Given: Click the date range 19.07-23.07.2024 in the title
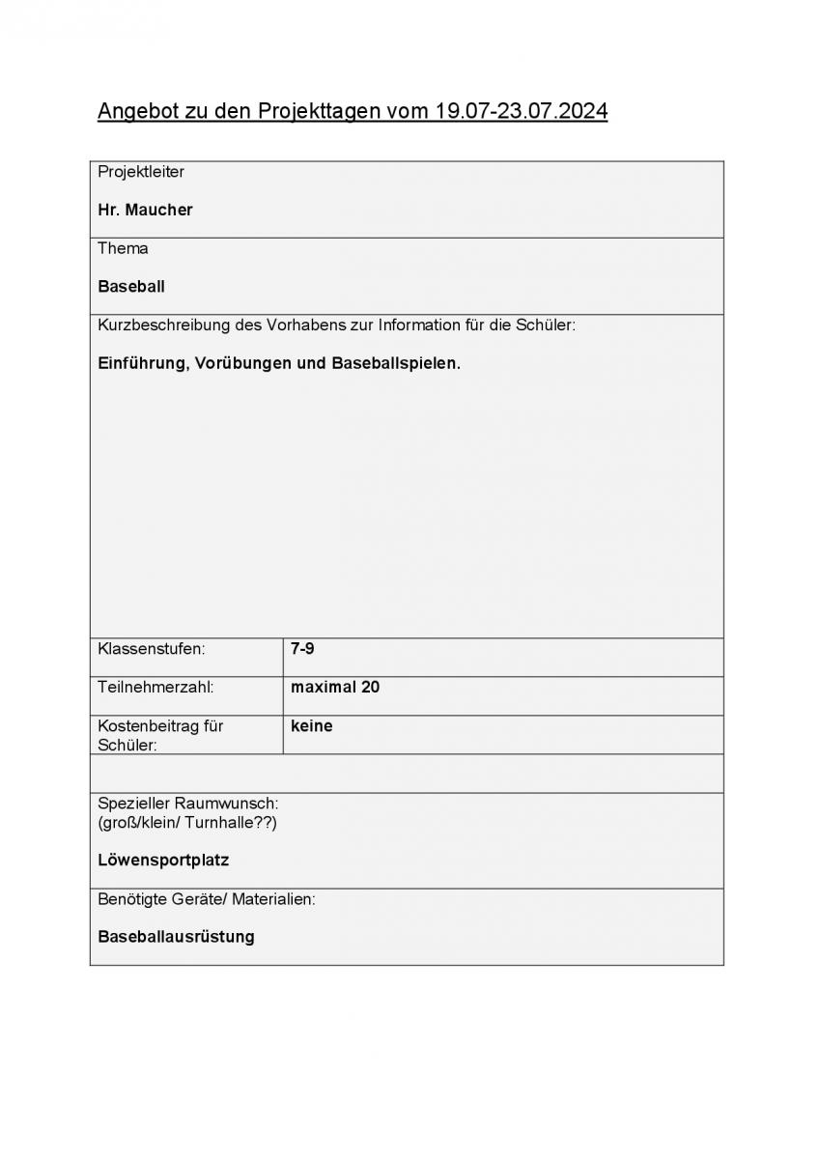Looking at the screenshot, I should pos(522,112).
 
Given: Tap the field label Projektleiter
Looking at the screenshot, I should pos(141,172).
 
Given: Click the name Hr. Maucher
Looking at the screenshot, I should pos(145,210).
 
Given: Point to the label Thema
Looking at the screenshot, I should pos(123,248).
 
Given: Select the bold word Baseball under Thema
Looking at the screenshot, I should pos(131,287).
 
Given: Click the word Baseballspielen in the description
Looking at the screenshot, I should pos(395,364).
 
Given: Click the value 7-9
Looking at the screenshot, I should pos(302,649).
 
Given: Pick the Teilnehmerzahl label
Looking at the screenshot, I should pos(155,688).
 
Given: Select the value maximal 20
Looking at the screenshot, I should pos(335,688).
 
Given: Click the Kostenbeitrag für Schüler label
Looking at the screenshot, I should pos(160,735).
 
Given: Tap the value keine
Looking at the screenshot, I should pos(311,726).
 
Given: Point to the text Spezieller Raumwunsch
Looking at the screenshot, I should pos(187,804).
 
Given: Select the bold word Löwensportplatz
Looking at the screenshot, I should pos(163,860).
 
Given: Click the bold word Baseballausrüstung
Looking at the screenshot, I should pos(176,937).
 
